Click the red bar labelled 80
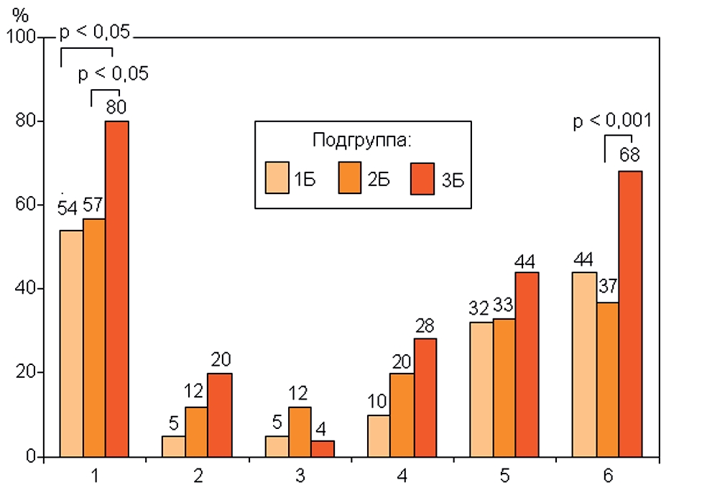point(117,287)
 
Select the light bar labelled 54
point(71,343)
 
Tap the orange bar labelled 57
point(94,338)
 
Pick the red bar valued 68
point(630,313)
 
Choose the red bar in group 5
point(527,364)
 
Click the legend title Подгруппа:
point(361,139)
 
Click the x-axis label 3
point(300,475)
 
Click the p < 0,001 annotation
point(611,121)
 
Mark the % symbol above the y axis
point(19,15)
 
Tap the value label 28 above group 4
point(425,324)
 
